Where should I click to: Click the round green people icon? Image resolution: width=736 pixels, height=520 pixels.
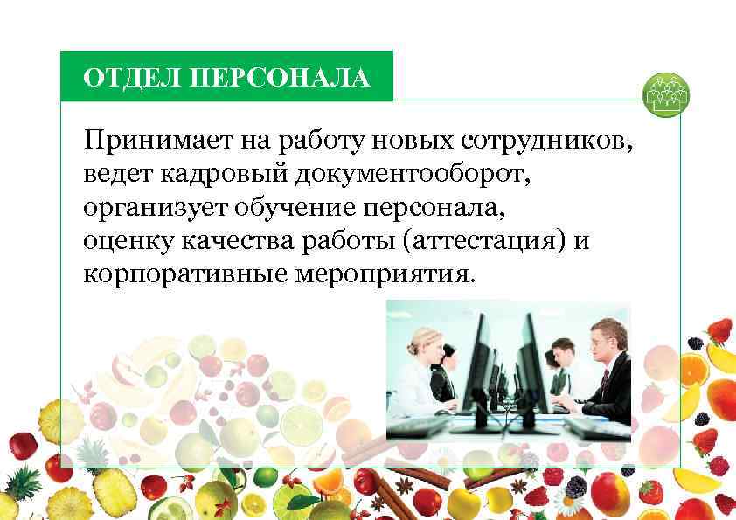(x=665, y=96)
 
